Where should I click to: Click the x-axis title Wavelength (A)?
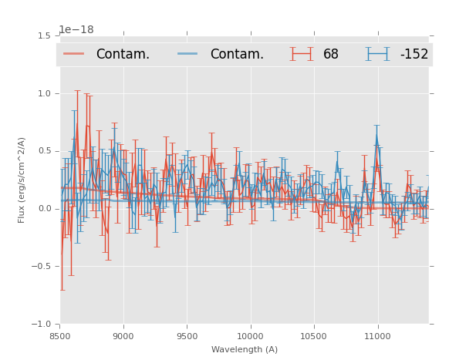[245, 350]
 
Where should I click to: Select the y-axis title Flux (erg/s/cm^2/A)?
[22, 180]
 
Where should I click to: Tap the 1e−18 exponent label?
[76, 30]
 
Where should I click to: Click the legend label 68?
[331, 54]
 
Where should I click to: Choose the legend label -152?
[414, 54]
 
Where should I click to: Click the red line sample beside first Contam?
[75, 54]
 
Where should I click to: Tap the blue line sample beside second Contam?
[189, 54]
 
